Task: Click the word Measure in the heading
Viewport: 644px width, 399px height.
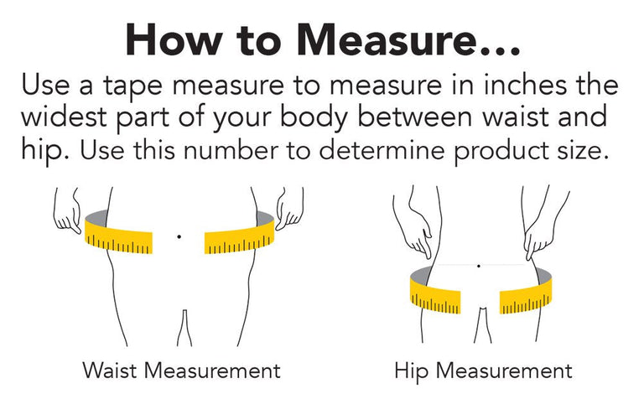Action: pos(387,39)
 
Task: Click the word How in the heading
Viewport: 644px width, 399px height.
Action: pos(173,39)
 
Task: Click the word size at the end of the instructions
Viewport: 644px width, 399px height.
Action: pos(583,150)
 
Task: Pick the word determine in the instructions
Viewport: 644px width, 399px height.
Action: pos(382,150)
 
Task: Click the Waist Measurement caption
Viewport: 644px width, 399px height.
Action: pos(181,370)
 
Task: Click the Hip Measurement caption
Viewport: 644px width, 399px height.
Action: pos(483,370)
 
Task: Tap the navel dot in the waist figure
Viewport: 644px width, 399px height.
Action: pos(179,236)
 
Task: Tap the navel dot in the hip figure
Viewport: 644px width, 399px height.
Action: pos(479,266)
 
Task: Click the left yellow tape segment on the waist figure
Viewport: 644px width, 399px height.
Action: pos(118,237)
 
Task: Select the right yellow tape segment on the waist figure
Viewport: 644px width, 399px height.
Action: pos(239,237)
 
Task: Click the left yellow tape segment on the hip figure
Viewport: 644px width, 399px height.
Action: pos(435,295)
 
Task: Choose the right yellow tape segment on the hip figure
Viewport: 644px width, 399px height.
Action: pos(526,297)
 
